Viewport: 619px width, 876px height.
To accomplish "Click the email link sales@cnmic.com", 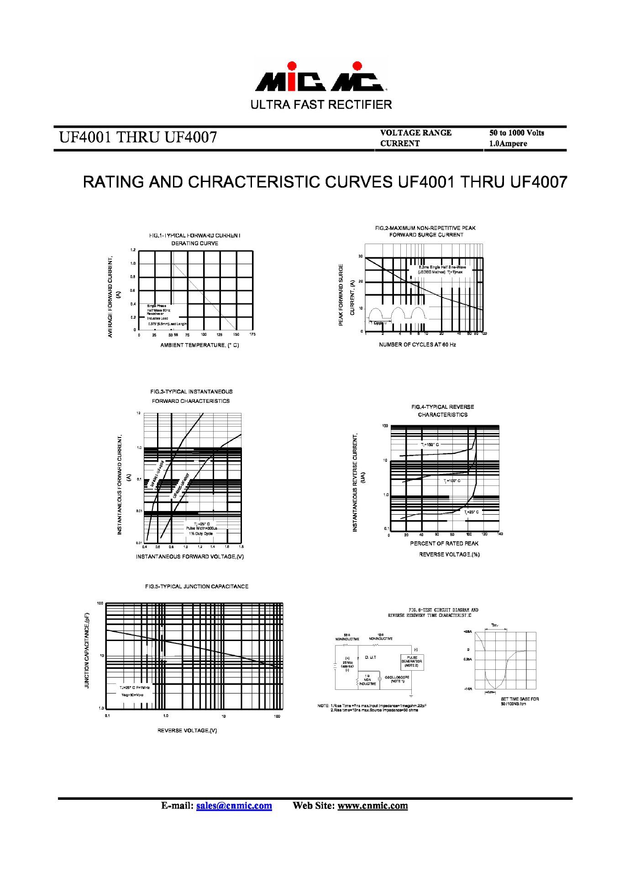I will click(234, 806).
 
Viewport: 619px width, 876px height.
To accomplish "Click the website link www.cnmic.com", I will click(372, 806).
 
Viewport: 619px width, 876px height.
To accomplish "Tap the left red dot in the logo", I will click(292, 66).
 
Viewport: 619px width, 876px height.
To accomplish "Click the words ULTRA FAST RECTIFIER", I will click(321, 105).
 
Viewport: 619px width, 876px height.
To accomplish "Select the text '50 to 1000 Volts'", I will click(516, 133).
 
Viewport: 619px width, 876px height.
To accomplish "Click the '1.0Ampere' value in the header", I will click(508, 143).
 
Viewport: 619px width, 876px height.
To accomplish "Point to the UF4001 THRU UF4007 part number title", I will click(138, 137).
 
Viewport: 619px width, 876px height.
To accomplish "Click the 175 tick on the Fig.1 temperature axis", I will click(252, 334).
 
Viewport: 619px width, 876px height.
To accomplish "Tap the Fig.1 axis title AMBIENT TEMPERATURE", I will click(199, 345).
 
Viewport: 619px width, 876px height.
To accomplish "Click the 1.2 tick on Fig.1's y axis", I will click(133, 250).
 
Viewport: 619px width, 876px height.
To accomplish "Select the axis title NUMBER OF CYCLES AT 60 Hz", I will click(417, 344).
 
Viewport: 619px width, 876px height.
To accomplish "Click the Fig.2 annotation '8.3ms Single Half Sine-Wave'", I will click(442, 267).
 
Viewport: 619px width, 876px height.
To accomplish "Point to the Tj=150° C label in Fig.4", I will click(430, 444).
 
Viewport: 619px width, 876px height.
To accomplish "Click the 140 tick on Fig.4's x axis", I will click(499, 534).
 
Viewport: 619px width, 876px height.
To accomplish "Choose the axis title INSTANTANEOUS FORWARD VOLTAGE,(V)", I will click(189, 557).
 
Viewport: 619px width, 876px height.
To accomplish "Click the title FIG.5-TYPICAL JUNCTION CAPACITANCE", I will click(197, 586).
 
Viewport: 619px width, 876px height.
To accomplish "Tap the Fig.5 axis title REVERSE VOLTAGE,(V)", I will click(187, 730).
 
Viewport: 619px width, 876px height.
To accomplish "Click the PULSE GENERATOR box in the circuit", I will click(412, 662).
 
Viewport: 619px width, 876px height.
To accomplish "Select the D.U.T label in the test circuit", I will click(371, 657).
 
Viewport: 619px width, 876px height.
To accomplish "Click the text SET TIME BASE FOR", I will click(519, 699).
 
